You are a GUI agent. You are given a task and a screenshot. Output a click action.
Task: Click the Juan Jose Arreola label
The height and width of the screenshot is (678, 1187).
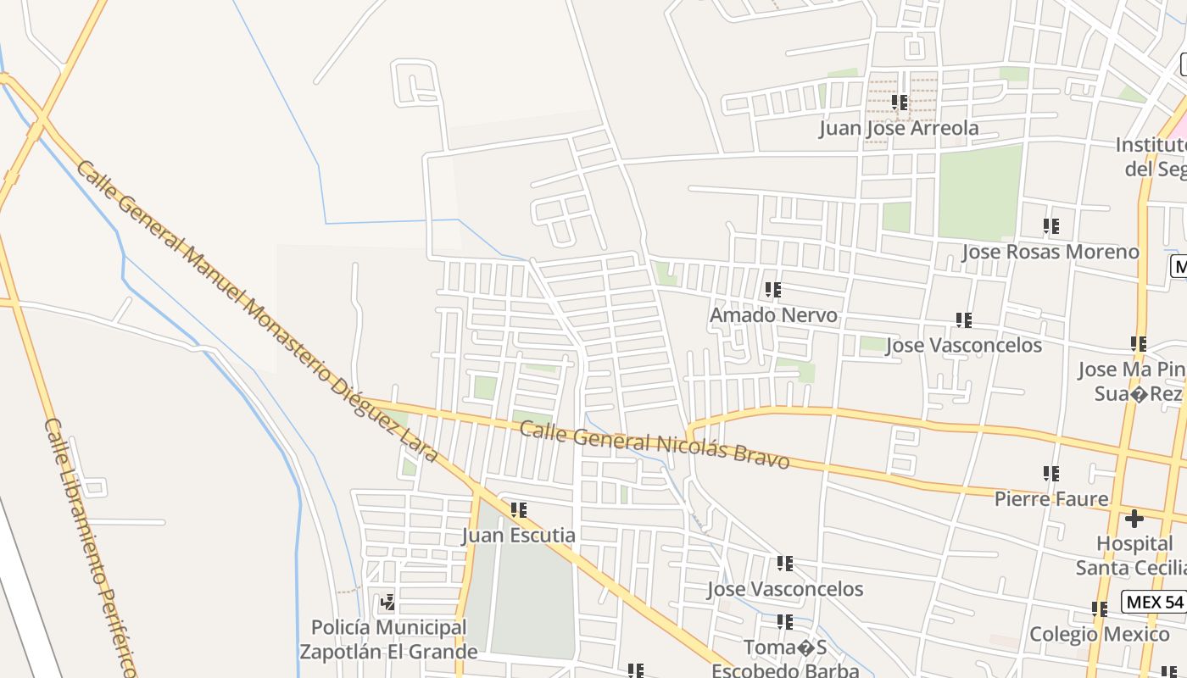tap(899, 128)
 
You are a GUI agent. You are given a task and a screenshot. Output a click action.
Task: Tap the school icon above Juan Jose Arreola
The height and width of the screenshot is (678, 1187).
tap(900, 103)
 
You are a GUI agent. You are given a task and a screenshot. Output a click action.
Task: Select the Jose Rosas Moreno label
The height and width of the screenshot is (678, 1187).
tap(1050, 252)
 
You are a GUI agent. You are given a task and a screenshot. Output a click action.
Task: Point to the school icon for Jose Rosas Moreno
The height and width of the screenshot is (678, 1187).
tap(1051, 226)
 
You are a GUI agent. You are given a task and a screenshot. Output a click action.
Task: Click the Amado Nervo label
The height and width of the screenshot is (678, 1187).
tap(773, 315)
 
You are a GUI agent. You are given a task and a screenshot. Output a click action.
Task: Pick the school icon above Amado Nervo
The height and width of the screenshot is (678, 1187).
tap(772, 290)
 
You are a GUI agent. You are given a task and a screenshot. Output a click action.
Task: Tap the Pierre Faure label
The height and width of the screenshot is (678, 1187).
tap(1051, 499)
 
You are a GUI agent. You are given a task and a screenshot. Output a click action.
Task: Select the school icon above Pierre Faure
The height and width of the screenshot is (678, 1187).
tap(1051, 474)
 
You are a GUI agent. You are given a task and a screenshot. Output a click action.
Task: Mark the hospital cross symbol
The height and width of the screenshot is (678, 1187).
tap(1134, 519)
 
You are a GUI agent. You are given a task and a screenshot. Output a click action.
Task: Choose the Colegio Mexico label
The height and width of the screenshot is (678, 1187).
tap(1099, 635)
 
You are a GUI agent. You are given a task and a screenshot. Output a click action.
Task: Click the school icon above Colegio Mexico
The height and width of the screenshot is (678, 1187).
tap(1100, 609)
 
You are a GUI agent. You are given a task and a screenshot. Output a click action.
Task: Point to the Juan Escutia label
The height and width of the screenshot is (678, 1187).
tap(518, 536)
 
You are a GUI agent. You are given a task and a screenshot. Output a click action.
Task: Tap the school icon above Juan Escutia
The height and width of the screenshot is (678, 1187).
tap(519, 510)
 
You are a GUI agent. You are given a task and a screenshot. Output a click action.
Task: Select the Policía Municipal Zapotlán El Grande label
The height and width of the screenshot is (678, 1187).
tap(388, 640)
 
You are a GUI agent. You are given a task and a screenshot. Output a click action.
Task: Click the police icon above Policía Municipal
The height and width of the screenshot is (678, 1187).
tap(388, 603)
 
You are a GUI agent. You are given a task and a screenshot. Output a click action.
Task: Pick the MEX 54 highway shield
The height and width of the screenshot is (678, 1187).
tap(1153, 603)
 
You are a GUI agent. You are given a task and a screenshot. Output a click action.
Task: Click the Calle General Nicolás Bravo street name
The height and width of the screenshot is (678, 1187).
tap(654, 446)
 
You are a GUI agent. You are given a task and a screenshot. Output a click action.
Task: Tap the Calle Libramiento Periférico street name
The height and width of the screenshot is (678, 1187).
tap(90, 547)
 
